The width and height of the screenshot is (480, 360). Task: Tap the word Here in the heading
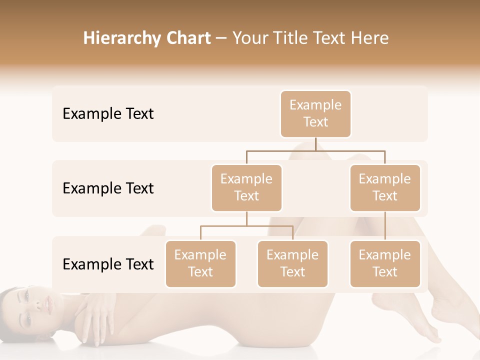coord(370,38)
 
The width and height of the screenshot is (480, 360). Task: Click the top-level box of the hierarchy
coord(315,114)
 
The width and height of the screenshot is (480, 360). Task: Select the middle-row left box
coord(246,187)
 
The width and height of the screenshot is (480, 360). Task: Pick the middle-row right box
coord(385,187)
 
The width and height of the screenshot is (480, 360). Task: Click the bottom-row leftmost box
coord(200,263)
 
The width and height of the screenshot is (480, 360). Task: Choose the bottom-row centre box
coord(292,263)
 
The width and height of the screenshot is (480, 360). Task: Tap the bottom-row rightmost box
coord(385,263)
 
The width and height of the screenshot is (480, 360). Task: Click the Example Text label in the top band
coord(108,114)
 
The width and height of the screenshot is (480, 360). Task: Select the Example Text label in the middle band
coord(108,188)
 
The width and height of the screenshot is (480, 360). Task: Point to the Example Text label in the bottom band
coord(108,264)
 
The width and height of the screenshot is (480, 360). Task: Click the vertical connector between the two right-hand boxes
coord(385,226)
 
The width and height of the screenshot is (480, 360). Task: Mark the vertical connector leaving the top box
coord(315,144)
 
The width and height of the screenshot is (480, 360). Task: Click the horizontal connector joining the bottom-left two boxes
coord(246,226)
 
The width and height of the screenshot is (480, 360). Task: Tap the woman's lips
coord(49,303)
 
